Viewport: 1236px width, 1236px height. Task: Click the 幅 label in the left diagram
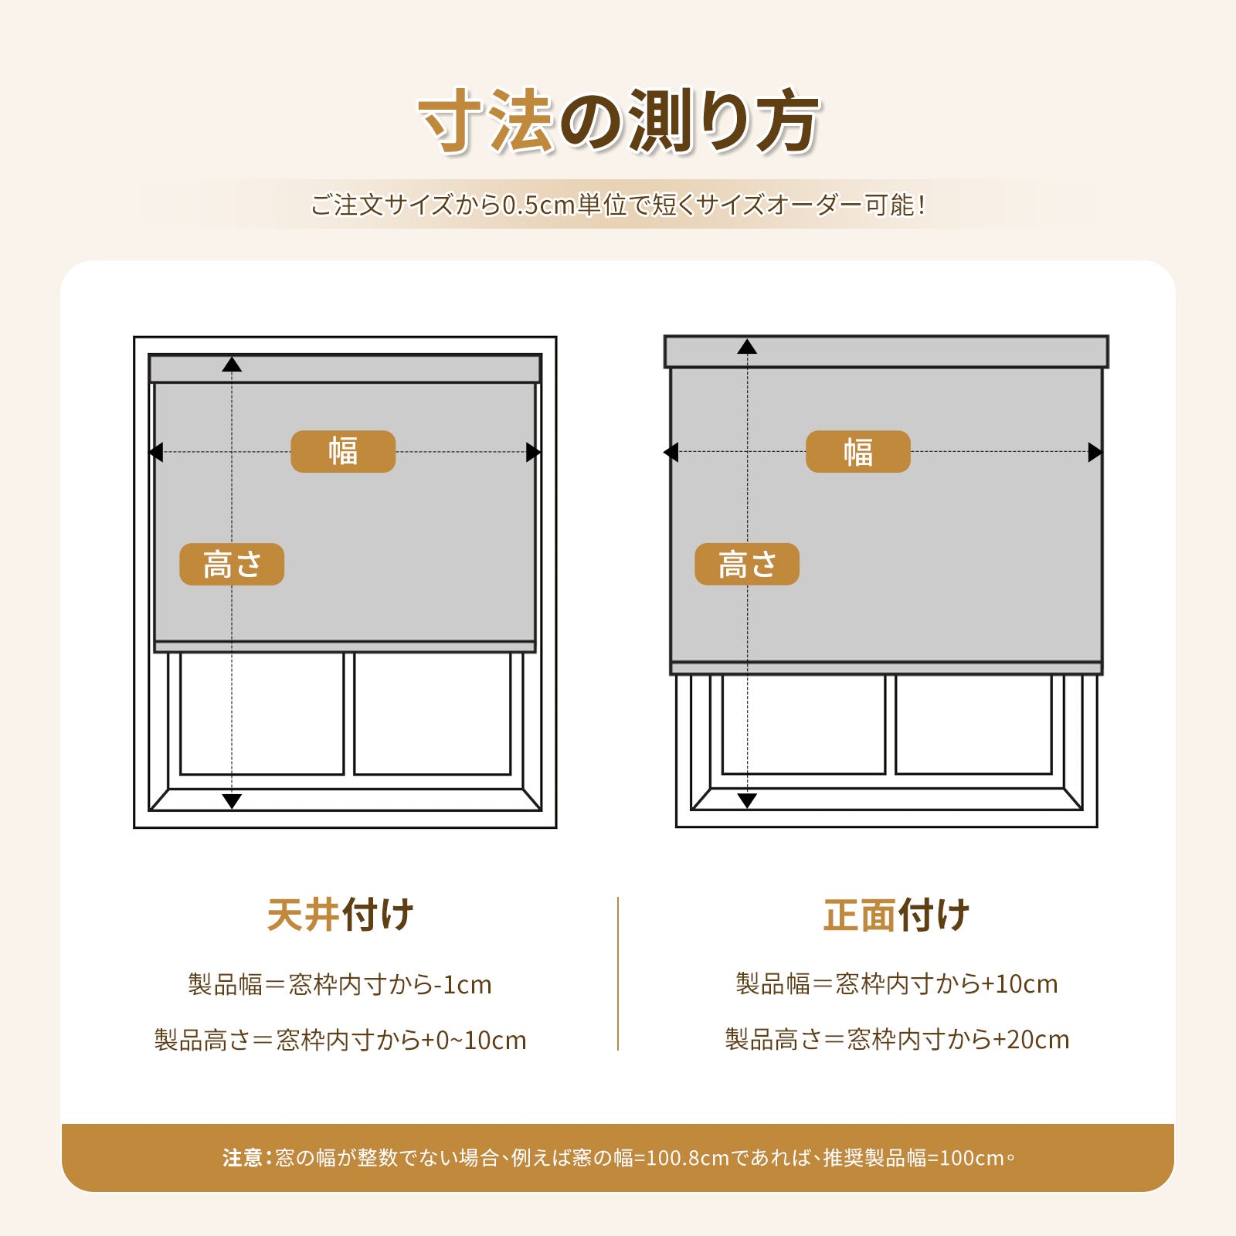tap(343, 451)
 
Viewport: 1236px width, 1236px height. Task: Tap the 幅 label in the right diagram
tap(857, 451)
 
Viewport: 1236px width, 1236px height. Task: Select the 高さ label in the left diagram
tap(232, 564)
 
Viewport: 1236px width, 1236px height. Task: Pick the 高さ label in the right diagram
tap(747, 564)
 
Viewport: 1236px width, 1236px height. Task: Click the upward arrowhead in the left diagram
tap(232, 365)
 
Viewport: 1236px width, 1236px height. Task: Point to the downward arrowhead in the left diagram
tap(232, 801)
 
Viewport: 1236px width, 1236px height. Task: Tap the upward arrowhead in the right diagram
tap(747, 347)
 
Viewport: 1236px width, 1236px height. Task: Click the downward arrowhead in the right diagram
tap(747, 800)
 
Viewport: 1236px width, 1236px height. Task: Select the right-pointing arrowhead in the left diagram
tap(533, 452)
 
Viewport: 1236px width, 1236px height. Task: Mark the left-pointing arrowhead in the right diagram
tap(671, 452)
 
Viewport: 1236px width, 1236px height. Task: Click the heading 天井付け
tap(340, 915)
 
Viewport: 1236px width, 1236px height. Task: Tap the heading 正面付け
tap(896, 915)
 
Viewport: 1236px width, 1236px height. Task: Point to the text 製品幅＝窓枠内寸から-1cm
tap(340, 985)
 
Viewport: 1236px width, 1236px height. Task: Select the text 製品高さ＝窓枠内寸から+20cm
tap(897, 1040)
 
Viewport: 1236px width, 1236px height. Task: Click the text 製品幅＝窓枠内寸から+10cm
tap(897, 984)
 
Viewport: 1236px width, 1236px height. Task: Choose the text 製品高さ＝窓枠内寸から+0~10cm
tap(340, 1041)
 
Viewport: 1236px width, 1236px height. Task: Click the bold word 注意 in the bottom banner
tap(243, 1157)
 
